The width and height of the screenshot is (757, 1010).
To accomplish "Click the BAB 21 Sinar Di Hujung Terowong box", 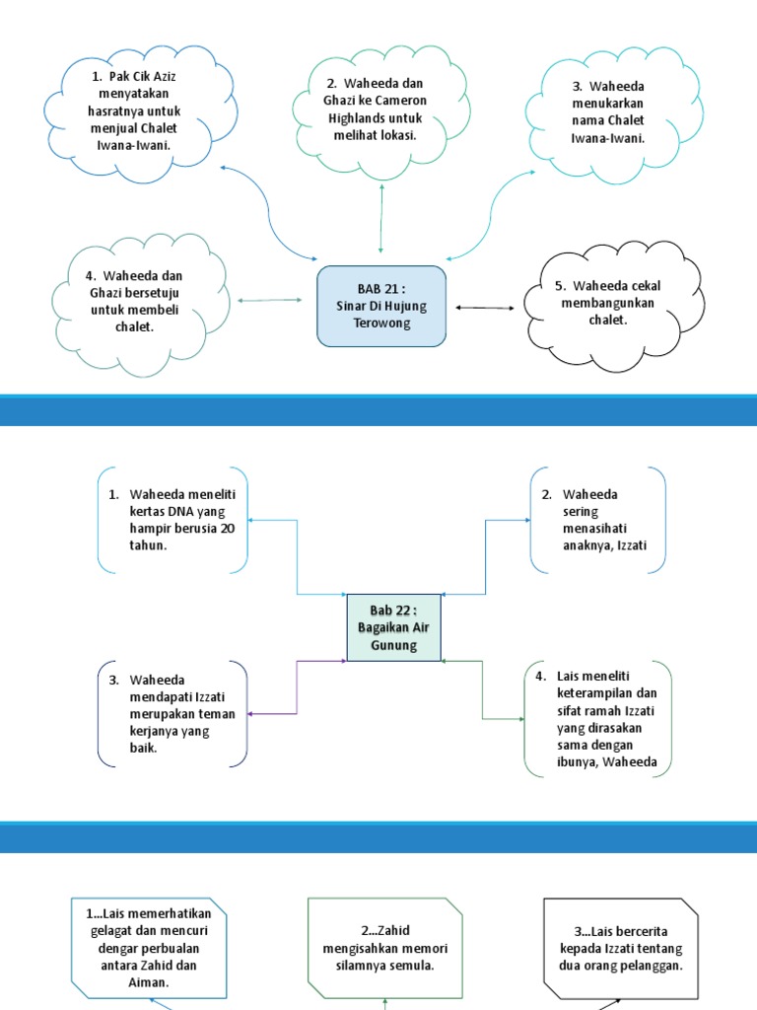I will coord(380,306).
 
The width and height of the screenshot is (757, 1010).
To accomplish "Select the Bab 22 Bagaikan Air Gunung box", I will coord(393,627).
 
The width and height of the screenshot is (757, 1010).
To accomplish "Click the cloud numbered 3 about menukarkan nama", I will coord(608,111).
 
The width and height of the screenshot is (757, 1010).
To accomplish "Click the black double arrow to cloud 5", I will coord(484,308).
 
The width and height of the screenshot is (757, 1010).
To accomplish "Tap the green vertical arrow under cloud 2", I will coord(381,219).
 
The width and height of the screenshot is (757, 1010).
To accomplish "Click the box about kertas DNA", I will coord(173,520).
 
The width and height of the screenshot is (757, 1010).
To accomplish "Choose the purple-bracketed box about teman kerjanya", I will coord(173,713).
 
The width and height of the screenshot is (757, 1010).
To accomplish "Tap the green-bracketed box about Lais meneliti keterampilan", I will coord(598,720).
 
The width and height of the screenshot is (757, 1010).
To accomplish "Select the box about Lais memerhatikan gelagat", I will coord(148,941).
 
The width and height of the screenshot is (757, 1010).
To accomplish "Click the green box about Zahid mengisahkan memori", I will coord(384,941).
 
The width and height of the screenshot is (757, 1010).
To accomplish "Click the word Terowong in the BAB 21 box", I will coord(380,323).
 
